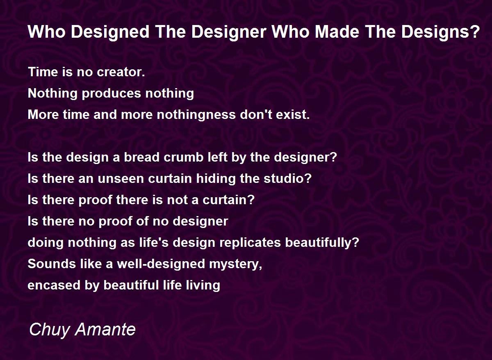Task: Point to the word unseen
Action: pyautogui.click(x=123, y=179)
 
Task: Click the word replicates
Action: pyautogui.click(x=251, y=243)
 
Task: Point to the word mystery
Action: pyautogui.click(x=236, y=264)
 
